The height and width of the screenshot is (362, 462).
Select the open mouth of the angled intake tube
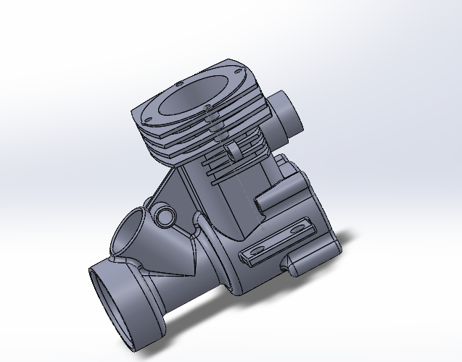[x=132, y=232]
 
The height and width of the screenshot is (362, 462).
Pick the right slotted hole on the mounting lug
[x=297, y=227]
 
